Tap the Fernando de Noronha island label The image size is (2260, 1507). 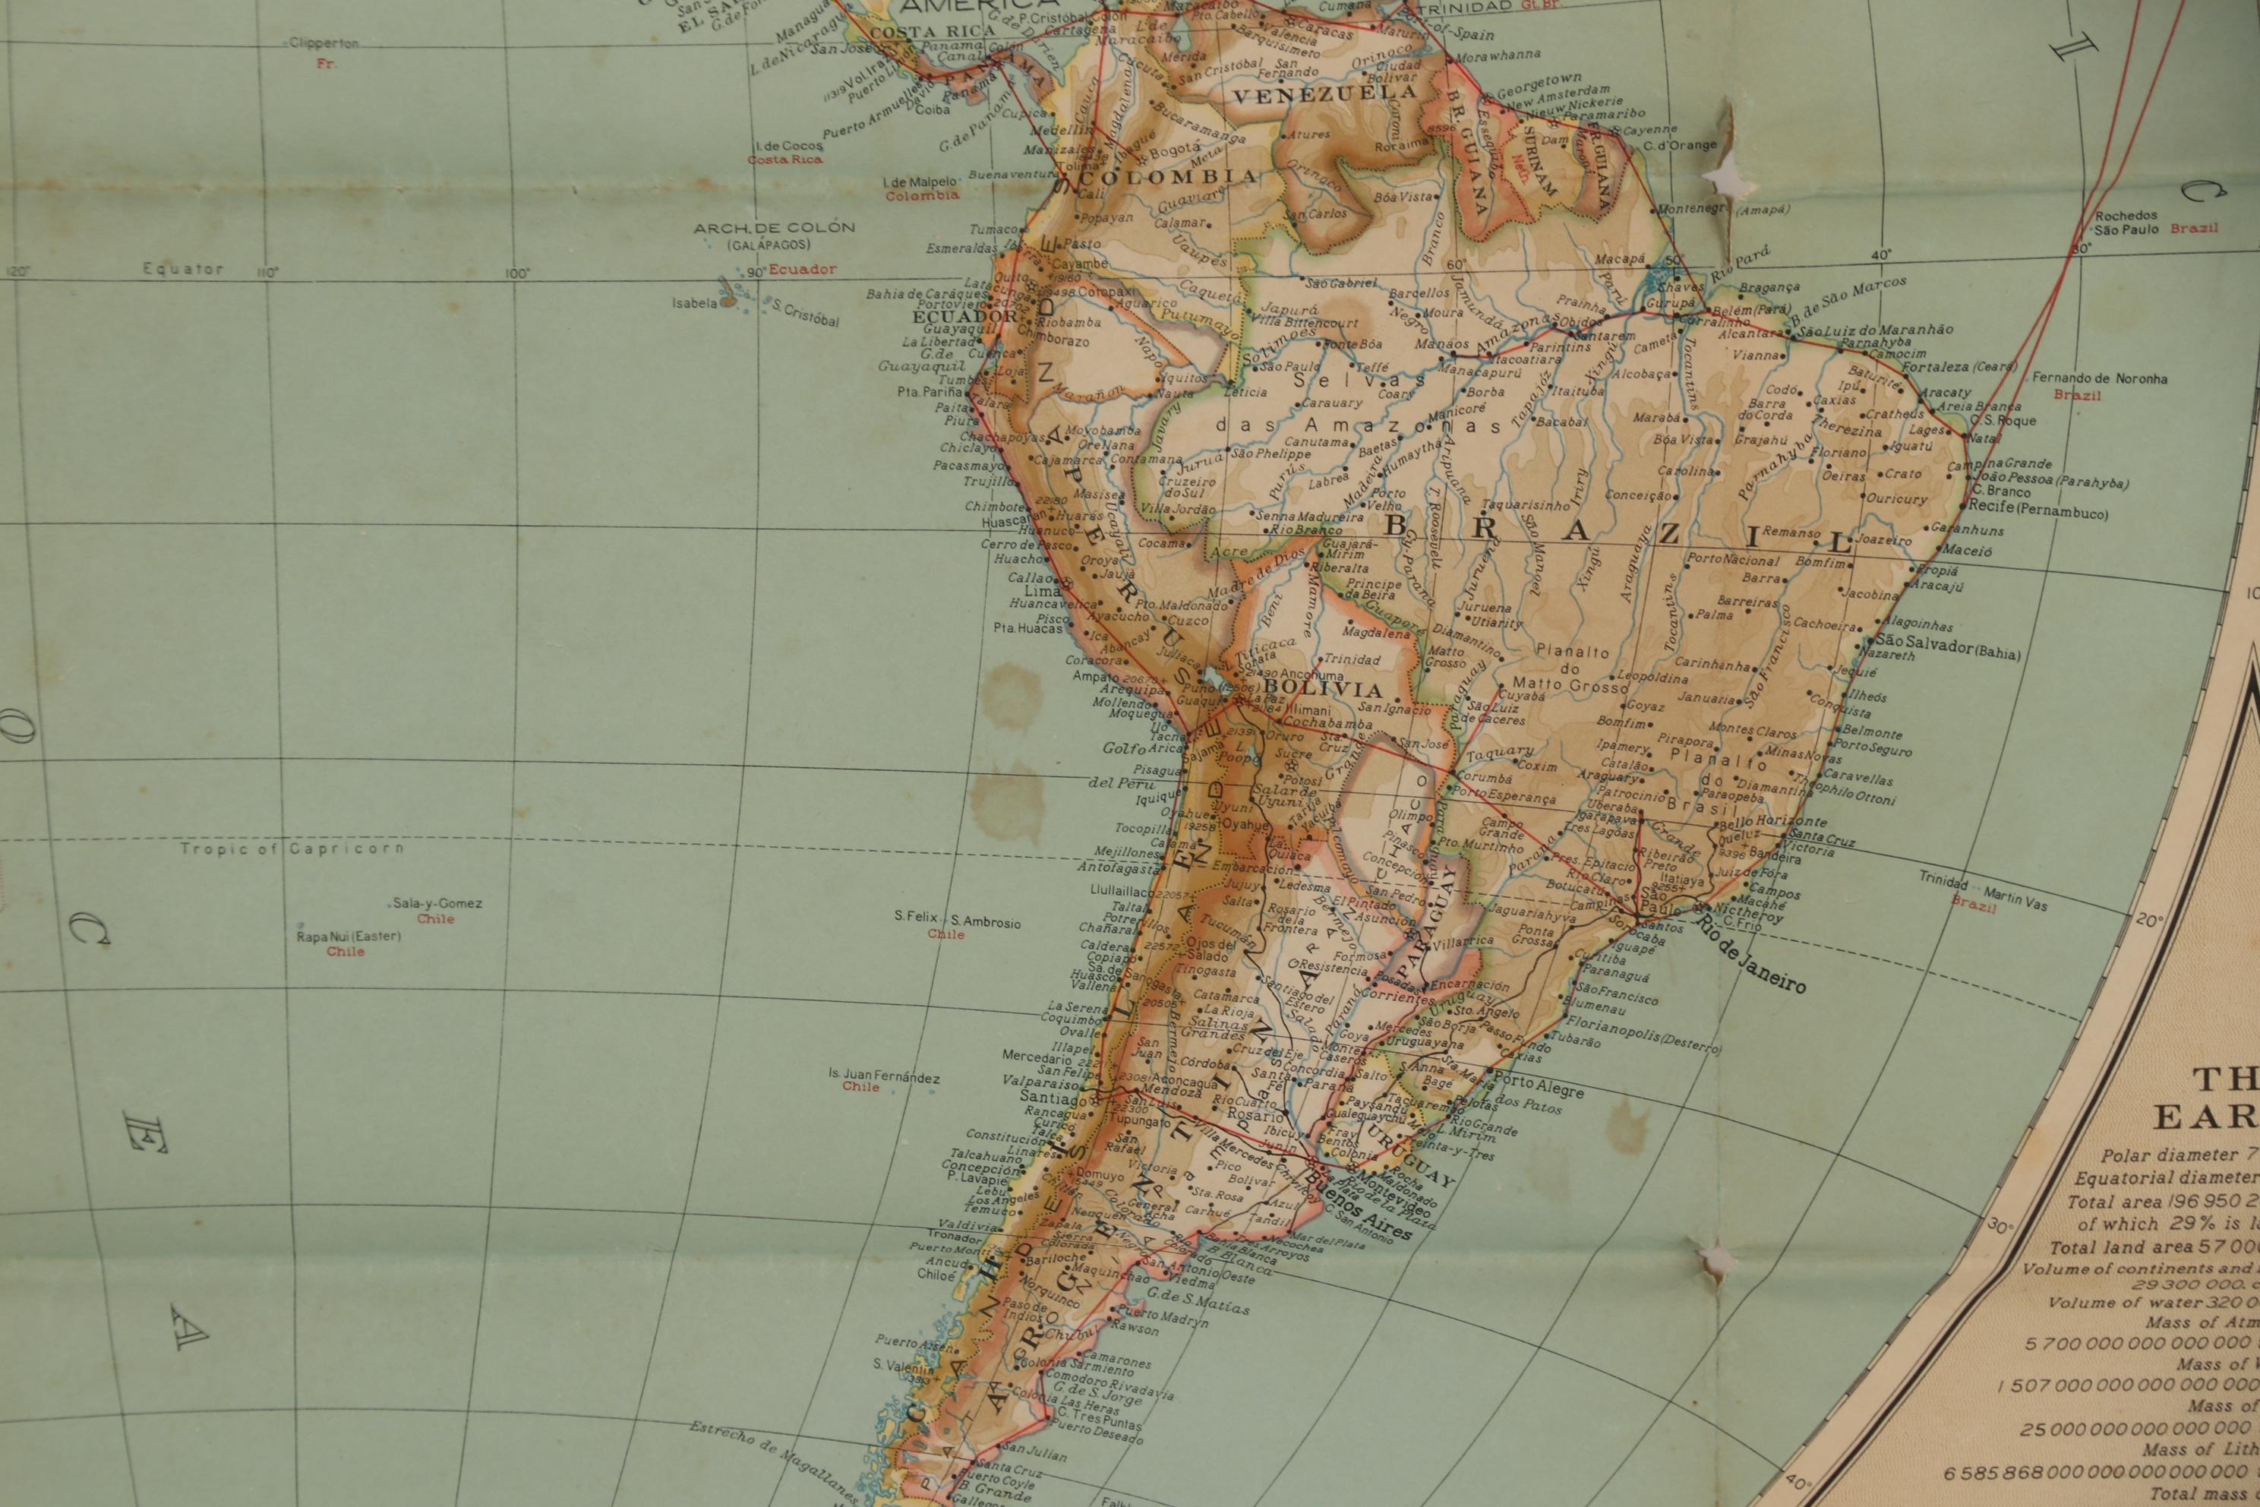click(2100, 379)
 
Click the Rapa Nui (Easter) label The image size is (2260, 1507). click(349, 936)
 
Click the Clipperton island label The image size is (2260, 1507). click(323, 43)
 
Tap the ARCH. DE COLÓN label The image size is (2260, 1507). click(774, 228)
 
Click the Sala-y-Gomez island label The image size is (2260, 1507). click(437, 903)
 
